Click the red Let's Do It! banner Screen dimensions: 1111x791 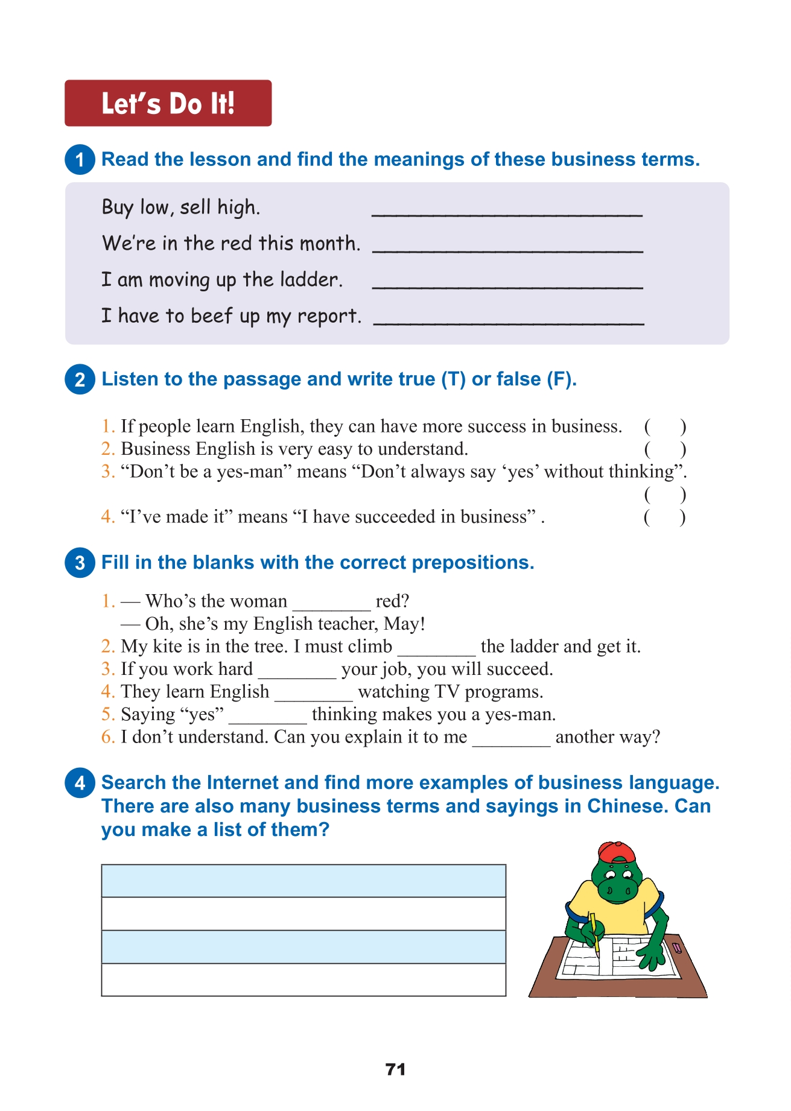click(168, 103)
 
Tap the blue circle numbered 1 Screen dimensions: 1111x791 click(80, 160)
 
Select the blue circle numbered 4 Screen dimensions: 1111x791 click(80, 783)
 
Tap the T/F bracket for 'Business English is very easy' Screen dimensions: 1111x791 click(664, 449)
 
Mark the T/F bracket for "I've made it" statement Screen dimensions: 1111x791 click(664, 518)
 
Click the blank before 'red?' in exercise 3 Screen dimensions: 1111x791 click(331, 603)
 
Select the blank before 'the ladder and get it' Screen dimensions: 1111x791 click(436, 648)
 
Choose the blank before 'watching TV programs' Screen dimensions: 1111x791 click(313, 694)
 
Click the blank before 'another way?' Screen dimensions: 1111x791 click(510, 739)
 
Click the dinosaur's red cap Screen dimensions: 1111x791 click(617, 852)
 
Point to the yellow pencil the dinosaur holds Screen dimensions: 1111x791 click(594, 932)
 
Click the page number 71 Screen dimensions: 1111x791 click(395, 1069)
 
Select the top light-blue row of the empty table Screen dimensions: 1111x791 click(303, 881)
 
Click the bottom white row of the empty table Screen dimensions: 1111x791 click(303, 980)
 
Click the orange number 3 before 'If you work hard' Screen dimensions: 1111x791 click(107, 669)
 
